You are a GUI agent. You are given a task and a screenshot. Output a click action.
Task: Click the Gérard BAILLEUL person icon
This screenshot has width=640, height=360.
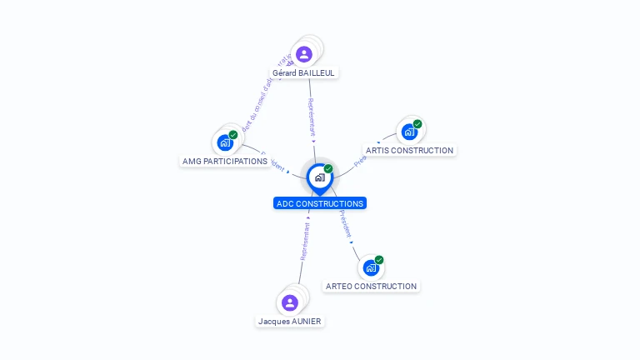point(304,54)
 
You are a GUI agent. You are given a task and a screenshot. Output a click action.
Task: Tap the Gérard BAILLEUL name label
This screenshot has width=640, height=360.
point(303,72)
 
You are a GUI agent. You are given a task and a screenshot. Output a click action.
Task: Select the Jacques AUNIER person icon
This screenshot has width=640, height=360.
point(290,302)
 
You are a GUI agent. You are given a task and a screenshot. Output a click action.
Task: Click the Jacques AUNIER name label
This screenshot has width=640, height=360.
point(289,321)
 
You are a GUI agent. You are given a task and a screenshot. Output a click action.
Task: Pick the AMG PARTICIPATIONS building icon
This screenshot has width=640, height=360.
point(225,142)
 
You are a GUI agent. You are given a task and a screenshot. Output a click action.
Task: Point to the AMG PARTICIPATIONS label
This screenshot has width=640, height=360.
point(224,161)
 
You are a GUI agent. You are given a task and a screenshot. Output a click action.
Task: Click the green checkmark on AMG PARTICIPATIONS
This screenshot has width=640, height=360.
point(233,135)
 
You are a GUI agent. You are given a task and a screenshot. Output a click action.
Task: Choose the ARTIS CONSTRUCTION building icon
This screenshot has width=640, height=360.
point(408,132)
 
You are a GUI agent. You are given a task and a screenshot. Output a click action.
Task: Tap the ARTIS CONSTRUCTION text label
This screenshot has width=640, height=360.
point(409,151)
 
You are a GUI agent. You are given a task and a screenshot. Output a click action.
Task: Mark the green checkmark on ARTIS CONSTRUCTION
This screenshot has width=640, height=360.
point(417,124)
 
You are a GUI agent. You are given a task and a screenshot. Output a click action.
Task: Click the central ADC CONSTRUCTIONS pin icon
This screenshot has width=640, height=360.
point(319,177)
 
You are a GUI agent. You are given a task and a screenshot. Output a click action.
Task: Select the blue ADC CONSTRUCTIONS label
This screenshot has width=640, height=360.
point(320,203)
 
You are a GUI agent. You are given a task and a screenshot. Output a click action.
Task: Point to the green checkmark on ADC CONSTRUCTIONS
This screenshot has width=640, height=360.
point(328,169)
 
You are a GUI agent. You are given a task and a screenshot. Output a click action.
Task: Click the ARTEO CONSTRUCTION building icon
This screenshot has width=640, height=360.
point(371,267)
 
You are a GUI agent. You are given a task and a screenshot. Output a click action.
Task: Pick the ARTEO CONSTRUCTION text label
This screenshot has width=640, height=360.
point(371,286)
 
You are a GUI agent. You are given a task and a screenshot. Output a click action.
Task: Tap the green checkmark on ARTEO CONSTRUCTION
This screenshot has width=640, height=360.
point(379,260)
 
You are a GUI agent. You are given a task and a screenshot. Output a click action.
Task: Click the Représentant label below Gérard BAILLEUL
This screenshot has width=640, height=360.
point(311,117)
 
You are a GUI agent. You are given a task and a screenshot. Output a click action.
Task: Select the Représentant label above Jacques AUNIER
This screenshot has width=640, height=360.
point(304,242)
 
